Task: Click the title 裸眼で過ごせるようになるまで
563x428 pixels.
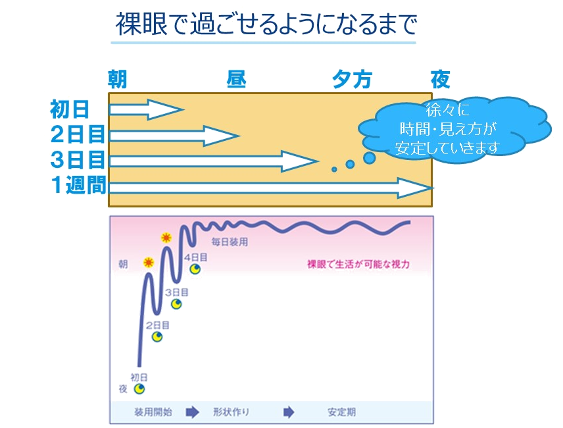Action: (x=266, y=25)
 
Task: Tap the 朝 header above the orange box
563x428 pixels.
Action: (x=118, y=80)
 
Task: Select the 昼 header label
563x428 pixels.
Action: (x=236, y=80)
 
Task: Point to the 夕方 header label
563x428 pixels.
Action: (x=352, y=80)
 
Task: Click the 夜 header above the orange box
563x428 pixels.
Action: (x=440, y=80)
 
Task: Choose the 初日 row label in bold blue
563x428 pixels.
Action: (x=69, y=109)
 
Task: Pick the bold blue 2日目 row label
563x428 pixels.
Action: (x=78, y=135)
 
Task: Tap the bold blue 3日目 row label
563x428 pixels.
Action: (x=78, y=160)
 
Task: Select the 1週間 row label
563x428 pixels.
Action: (x=78, y=186)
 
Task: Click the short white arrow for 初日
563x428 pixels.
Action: (x=145, y=109)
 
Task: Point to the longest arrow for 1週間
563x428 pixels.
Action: (x=270, y=188)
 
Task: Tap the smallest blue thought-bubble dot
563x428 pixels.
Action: (x=334, y=169)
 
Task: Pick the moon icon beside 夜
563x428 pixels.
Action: (x=139, y=389)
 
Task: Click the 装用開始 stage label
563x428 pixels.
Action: (x=154, y=412)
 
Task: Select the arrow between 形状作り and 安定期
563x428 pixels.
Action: (x=288, y=412)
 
